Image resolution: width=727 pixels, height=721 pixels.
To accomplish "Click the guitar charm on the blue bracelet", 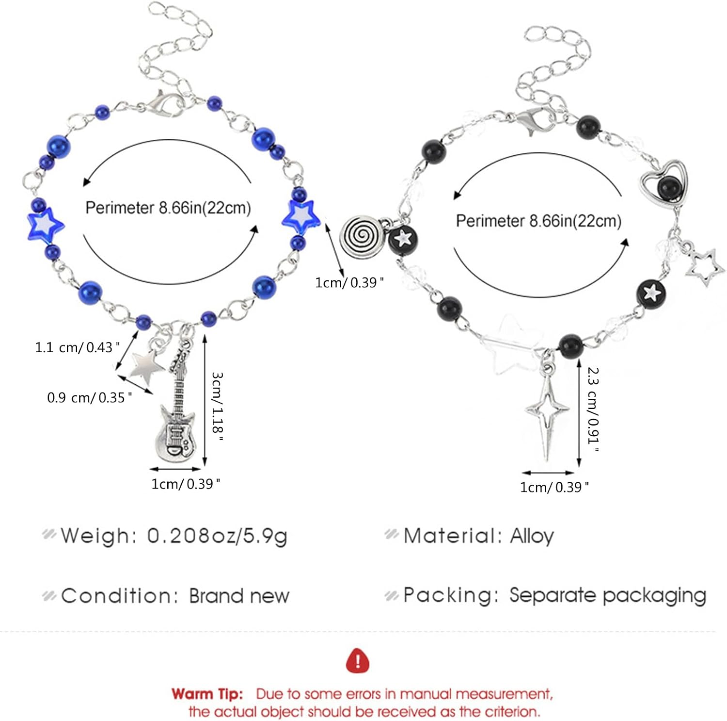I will (x=177, y=417).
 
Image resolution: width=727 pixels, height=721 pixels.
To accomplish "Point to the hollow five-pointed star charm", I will (x=705, y=267).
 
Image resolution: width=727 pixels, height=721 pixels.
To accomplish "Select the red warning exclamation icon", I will (x=358, y=661).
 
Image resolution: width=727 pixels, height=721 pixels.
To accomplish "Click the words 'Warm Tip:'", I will (x=207, y=694).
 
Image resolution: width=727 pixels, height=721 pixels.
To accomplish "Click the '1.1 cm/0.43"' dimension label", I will (x=77, y=347).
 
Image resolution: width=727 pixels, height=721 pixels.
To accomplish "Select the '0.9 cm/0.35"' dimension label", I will (x=89, y=398).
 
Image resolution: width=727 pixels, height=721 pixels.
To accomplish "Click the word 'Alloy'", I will (x=532, y=536).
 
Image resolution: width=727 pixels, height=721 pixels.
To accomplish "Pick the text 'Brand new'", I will (x=239, y=596).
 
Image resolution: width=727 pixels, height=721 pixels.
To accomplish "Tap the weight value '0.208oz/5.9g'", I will (x=217, y=536).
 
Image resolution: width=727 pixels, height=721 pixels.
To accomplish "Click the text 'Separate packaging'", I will (x=607, y=595).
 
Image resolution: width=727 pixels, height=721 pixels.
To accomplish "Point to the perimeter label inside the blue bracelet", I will (x=168, y=208).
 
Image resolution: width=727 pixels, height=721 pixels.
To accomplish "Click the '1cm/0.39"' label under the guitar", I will (x=186, y=484).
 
